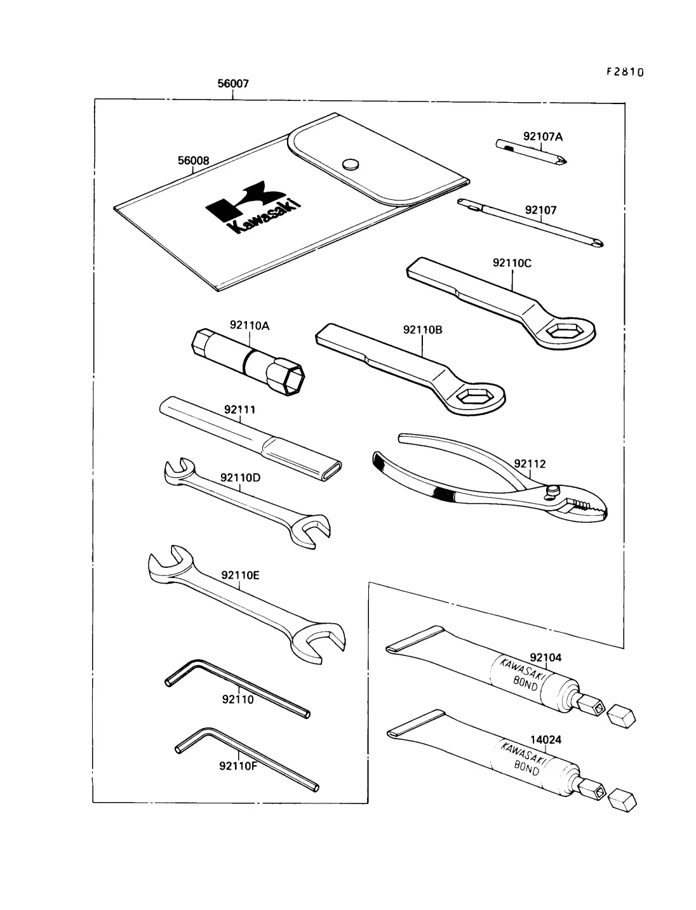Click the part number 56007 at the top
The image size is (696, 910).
(x=233, y=84)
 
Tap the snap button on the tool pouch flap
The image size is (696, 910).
(x=349, y=164)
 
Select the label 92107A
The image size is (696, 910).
(x=542, y=136)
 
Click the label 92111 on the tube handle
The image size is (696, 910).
(x=240, y=410)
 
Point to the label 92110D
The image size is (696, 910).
(x=241, y=478)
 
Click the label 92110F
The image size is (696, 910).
(x=238, y=765)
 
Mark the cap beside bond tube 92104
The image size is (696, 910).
(x=621, y=715)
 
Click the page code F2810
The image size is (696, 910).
(x=625, y=72)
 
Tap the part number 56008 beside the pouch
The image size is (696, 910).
(x=193, y=161)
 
